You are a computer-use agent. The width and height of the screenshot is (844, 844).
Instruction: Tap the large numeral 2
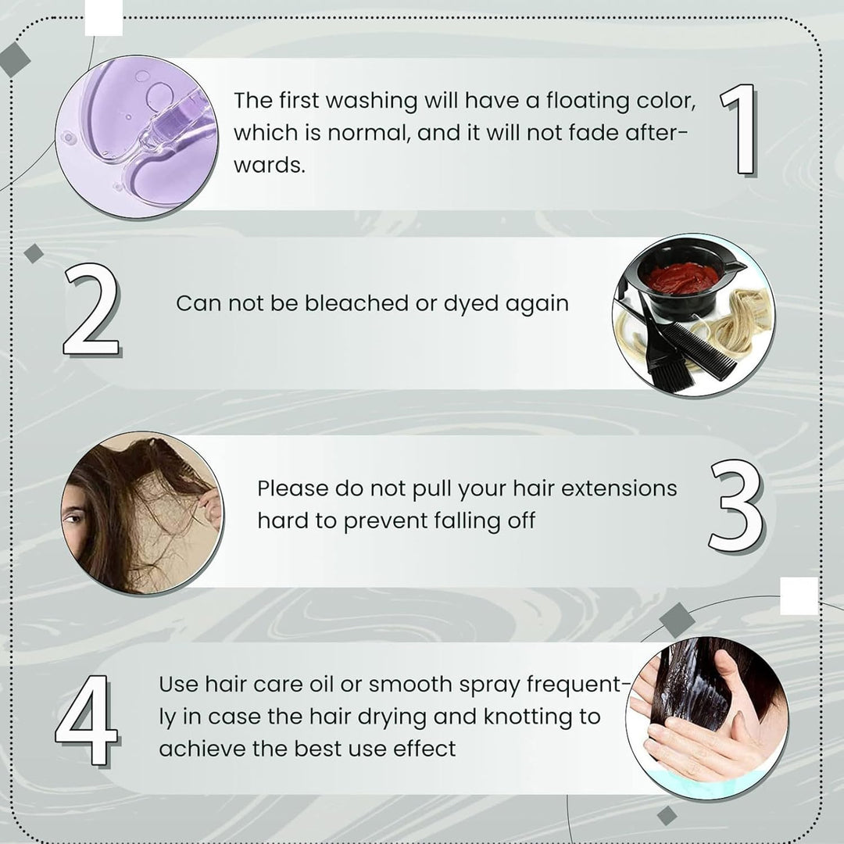tap(91, 310)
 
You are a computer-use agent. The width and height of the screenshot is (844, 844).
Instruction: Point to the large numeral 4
tap(88, 720)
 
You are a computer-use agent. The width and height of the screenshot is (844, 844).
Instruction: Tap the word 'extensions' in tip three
tap(619, 488)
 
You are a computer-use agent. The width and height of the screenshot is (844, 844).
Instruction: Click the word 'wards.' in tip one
tap(269, 165)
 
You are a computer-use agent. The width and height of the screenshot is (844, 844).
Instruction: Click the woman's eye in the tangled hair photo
tap(73, 520)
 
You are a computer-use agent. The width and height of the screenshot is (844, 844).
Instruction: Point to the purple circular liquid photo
tap(137, 137)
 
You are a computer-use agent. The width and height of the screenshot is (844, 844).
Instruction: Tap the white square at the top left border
tap(104, 17)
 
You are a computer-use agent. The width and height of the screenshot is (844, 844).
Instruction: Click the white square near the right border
tap(799, 595)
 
